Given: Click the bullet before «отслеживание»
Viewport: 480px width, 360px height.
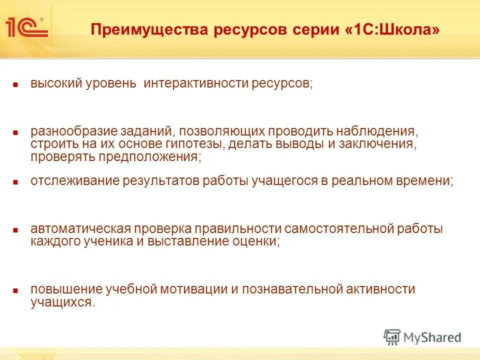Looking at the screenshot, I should pyautogui.click(x=15, y=182).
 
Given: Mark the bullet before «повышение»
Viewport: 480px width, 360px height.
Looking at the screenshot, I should pyautogui.click(x=15, y=291).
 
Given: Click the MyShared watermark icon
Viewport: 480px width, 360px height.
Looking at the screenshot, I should pyautogui.click(x=392, y=337).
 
